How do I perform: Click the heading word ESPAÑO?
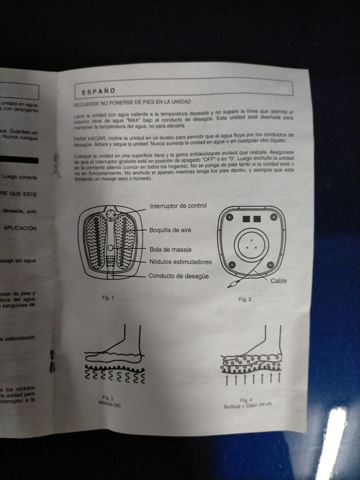(98, 91)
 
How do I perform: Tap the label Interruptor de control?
(178, 206)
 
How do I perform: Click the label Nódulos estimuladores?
(180, 262)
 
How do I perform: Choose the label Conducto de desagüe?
(179, 276)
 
